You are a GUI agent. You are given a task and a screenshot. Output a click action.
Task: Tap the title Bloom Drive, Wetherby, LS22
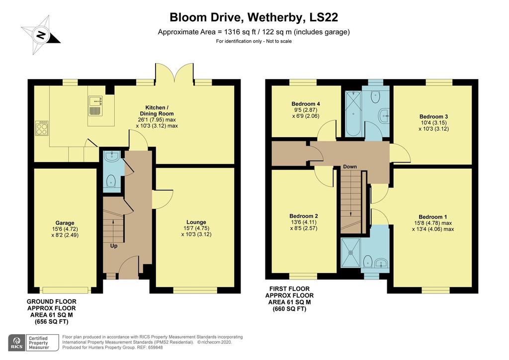254,17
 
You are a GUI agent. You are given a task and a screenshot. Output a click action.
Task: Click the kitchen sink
95,106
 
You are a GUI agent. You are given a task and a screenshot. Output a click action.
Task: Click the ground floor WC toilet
111,183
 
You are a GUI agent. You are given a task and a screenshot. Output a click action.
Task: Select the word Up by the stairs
114,245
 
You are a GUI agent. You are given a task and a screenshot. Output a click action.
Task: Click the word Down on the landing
350,167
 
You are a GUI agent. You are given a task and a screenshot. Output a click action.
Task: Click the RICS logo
17,342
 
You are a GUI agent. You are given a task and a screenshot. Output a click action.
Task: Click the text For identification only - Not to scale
254,41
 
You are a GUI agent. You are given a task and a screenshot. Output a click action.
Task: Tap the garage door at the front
65,290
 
